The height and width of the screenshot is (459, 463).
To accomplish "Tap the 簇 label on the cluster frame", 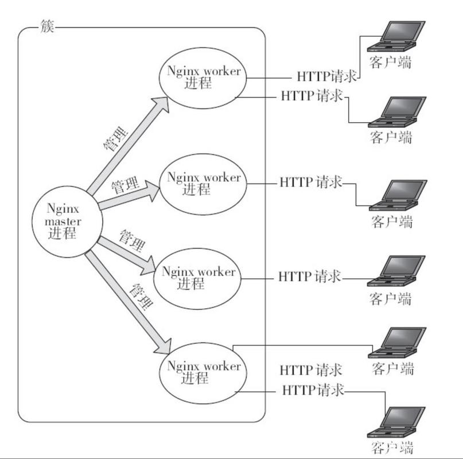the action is click(x=47, y=26).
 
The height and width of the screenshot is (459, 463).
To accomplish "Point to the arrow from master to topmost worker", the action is click(x=127, y=146).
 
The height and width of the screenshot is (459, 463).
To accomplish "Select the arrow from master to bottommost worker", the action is click(x=127, y=302).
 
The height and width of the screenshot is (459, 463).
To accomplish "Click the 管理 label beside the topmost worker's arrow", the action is click(x=116, y=138).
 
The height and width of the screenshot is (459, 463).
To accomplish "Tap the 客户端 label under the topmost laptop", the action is click(x=390, y=63).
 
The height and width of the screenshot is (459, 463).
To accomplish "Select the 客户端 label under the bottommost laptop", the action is click(x=392, y=448).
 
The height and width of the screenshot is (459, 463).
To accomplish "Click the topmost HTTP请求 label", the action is click(x=327, y=76).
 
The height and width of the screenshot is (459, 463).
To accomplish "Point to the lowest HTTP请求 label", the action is click(x=313, y=390).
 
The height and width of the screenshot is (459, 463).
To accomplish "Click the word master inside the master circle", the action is click(x=63, y=221).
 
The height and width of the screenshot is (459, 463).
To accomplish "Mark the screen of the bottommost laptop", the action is click(x=403, y=417).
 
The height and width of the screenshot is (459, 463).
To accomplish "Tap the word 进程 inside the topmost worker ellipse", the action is click(x=198, y=83).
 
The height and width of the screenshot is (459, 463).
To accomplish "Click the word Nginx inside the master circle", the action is click(x=63, y=209).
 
